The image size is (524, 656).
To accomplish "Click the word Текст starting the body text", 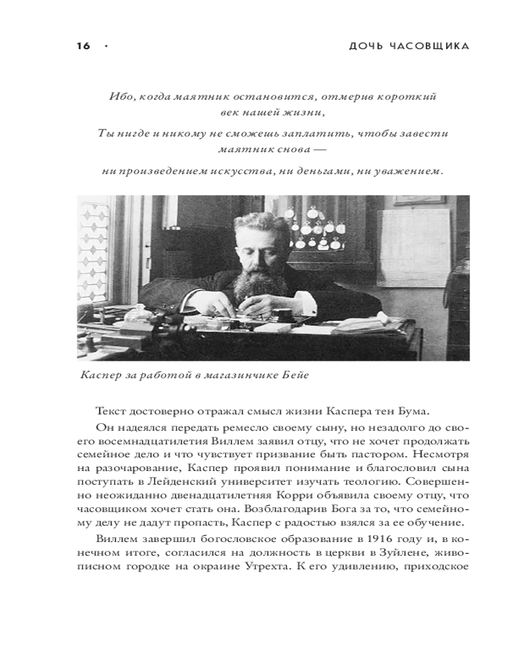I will [x=111, y=411].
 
